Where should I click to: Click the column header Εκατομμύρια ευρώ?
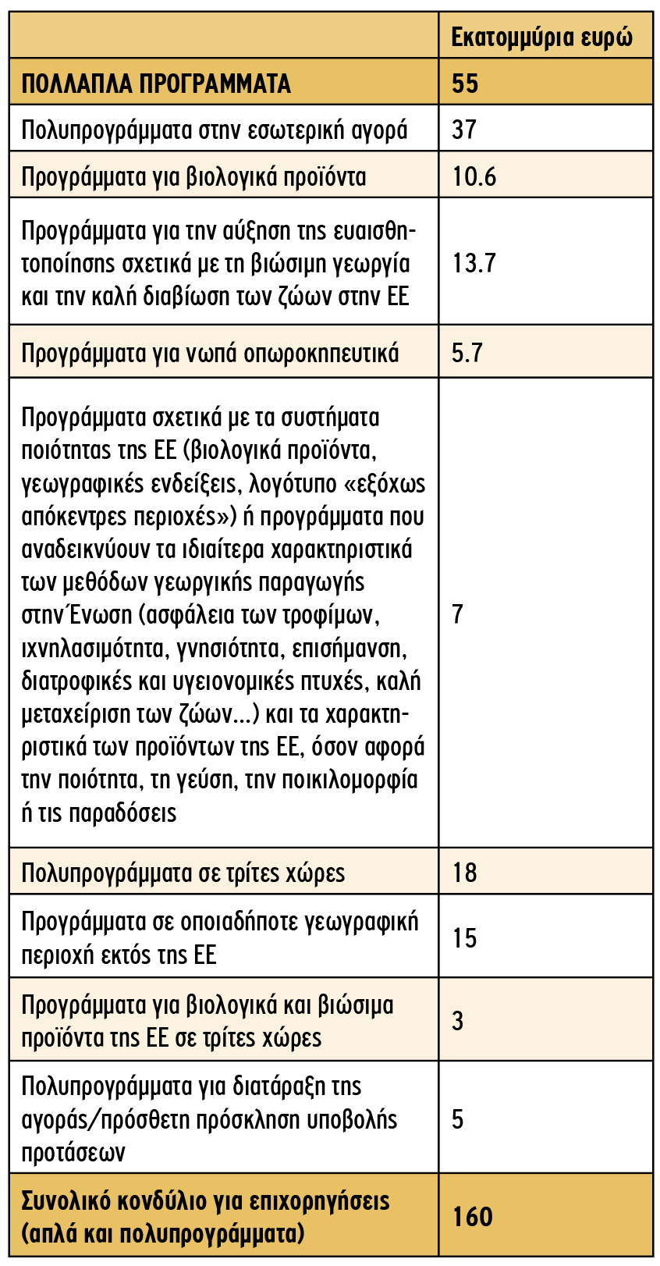click(542, 37)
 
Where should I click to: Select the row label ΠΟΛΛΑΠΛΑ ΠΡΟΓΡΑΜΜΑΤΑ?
click(156, 84)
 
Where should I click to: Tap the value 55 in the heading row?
click(465, 84)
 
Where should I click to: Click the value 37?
click(464, 130)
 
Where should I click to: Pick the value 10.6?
click(474, 176)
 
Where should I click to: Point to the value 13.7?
click(474, 263)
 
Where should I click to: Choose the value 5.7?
click(467, 353)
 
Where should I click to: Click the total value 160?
click(473, 1216)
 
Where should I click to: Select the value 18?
click(464, 872)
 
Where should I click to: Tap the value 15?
click(464, 937)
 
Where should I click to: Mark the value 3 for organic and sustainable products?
click(458, 1021)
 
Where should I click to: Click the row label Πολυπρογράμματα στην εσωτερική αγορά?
click(215, 130)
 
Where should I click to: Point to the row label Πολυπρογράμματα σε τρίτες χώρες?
click(183, 873)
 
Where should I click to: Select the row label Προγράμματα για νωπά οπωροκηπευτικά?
click(210, 354)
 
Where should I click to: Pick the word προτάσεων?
click(73, 1153)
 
